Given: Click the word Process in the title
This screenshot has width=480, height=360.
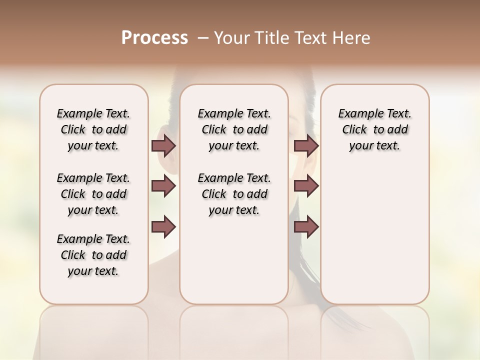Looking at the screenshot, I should (154, 38).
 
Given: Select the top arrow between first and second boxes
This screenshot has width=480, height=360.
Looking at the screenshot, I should (163, 145).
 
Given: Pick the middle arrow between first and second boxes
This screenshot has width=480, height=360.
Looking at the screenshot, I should (163, 186).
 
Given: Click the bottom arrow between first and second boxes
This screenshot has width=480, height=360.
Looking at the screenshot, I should (163, 226).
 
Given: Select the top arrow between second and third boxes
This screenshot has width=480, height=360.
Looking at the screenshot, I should (306, 145).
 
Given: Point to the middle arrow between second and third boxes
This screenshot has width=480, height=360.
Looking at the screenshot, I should (306, 186).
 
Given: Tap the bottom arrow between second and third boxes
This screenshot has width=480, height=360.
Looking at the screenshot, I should (306, 226).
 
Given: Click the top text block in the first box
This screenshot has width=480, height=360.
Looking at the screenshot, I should (93, 129).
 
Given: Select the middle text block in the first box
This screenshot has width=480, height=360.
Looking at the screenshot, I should (93, 194).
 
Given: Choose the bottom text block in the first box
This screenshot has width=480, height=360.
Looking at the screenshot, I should (93, 255).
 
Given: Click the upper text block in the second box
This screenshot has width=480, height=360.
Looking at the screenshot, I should (234, 129).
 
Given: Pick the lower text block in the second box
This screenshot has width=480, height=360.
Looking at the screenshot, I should (234, 194).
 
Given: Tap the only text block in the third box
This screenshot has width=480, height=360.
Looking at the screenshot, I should (374, 129).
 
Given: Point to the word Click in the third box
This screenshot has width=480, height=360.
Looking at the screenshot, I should (354, 130).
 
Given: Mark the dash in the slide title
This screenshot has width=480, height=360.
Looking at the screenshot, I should (202, 38).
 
